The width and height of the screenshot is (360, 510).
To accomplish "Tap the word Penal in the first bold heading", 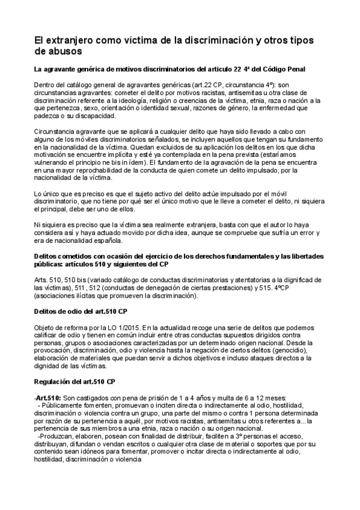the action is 293,70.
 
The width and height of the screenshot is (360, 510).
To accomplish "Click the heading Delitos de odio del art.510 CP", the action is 80,311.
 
